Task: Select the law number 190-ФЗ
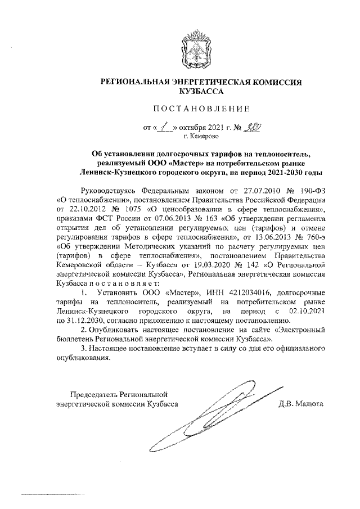coord(312,190)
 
